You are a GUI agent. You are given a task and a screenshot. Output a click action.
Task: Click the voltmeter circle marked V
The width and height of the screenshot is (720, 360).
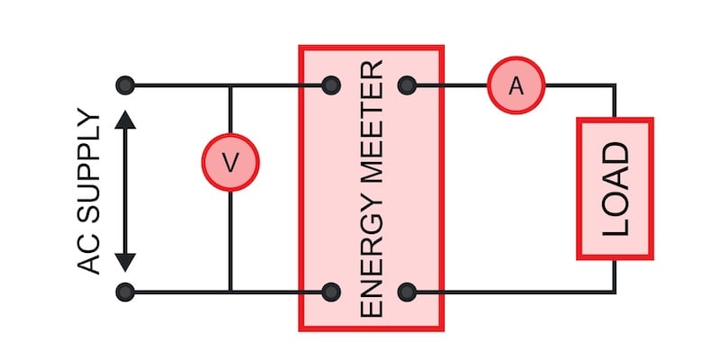[230, 162]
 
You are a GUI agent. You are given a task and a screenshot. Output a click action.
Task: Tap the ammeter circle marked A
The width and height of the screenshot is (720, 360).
[516, 85]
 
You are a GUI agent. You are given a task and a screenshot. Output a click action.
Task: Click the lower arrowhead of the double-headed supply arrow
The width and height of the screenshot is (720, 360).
[126, 260]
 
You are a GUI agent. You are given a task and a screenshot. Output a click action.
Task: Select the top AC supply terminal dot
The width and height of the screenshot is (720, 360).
[126, 86]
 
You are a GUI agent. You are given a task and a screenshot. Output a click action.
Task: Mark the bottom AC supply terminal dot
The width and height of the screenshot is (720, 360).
[126, 292]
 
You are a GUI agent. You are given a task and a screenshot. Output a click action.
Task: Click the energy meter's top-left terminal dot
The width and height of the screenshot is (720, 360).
[331, 86]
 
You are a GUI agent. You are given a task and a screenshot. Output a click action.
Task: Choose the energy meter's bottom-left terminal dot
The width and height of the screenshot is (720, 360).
[331, 292]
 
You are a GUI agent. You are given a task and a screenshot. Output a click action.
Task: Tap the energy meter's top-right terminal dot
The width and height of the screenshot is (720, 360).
[407, 86]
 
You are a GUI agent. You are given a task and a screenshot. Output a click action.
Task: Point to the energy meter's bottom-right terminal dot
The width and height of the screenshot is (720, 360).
[407, 292]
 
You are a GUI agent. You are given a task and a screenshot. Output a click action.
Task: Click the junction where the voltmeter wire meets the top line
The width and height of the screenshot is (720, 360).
[230, 86]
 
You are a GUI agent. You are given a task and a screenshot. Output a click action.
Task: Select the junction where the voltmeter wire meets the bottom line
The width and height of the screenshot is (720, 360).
[230, 292]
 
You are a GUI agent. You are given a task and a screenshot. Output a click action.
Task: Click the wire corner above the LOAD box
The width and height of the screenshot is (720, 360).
[615, 86]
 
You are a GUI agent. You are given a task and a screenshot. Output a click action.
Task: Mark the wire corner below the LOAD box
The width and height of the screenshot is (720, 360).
[615, 292]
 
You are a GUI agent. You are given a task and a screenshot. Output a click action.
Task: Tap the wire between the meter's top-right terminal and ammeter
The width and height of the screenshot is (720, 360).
[450, 86]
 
